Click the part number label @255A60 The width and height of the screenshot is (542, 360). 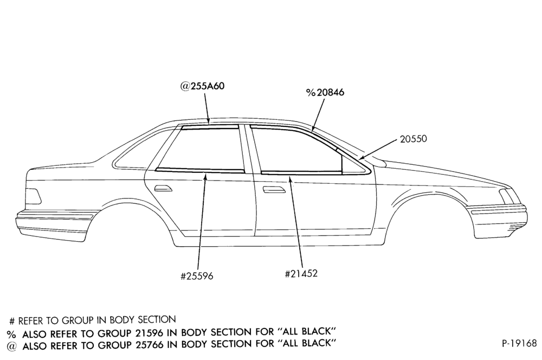[x=202, y=86]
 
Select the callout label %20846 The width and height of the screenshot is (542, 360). [x=325, y=92]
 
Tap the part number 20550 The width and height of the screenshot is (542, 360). [x=414, y=139]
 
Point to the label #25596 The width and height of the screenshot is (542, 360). [x=197, y=276]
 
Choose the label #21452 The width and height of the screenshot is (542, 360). [x=301, y=274]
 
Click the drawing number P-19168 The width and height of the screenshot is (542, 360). [x=520, y=343]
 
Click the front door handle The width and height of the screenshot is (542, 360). [x=273, y=190]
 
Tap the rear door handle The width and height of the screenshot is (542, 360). [x=163, y=189]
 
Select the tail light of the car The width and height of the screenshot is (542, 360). [x=34, y=196]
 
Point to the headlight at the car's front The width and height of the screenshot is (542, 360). [x=507, y=197]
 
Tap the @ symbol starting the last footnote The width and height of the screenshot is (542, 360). [x=11, y=345]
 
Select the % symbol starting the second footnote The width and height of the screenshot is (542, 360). [x=11, y=334]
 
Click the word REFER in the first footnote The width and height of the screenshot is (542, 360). [x=31, y=321]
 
